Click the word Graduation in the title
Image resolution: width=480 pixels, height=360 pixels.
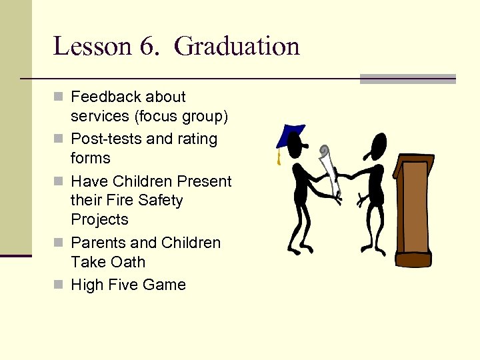tap(237, 47)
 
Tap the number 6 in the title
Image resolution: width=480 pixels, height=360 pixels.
tap(147, 47)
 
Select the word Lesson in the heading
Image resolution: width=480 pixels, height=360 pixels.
tap(92, 47)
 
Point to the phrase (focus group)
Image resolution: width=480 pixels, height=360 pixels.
tap(181, 117)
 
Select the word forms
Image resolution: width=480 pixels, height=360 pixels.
tap(90, 159)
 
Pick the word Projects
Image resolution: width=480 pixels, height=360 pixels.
tap(99, 220)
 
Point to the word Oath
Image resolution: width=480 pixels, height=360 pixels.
tap(128, 262)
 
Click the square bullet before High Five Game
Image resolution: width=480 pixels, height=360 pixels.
tap(58, 285)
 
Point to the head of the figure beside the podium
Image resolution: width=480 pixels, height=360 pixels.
tap(378, 143)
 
